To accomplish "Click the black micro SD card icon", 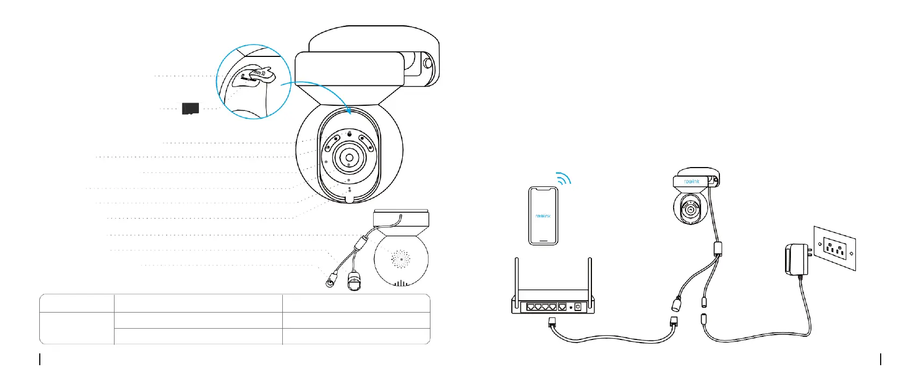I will tap(190, 108).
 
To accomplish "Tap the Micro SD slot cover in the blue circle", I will tap(259, 75).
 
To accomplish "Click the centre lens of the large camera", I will tap(349, 158).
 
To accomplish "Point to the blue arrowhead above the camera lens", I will tap(349, 111).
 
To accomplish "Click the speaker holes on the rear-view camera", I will tap(401, 259).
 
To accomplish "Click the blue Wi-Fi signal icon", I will tap(563, 178).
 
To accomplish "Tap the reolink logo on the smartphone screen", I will tap(543, 216).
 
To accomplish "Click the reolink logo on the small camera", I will tap(692, 182).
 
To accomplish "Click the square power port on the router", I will tap(578, 307).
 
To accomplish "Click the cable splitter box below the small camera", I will tap(717, 249).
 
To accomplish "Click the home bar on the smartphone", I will tap(543, 240).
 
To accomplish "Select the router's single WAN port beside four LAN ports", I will tap(562, 307).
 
